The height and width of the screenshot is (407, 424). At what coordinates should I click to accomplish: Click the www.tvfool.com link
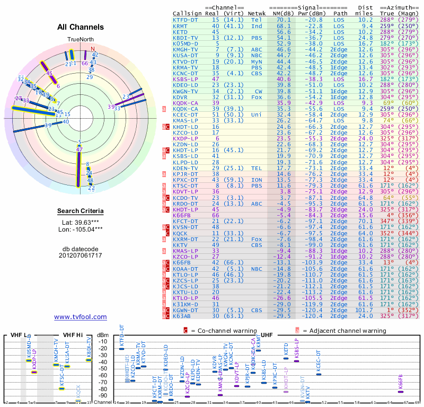[81, 317]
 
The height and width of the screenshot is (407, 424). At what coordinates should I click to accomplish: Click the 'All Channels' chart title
[81, 27]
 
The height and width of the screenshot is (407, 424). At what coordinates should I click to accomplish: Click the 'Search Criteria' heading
[81, 211]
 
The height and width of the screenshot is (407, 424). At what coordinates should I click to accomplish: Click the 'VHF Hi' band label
[72, 335]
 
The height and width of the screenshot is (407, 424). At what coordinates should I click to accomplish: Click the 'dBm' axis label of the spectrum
[102, 335]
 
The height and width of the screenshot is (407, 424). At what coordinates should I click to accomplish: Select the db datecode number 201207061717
[81, 255]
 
